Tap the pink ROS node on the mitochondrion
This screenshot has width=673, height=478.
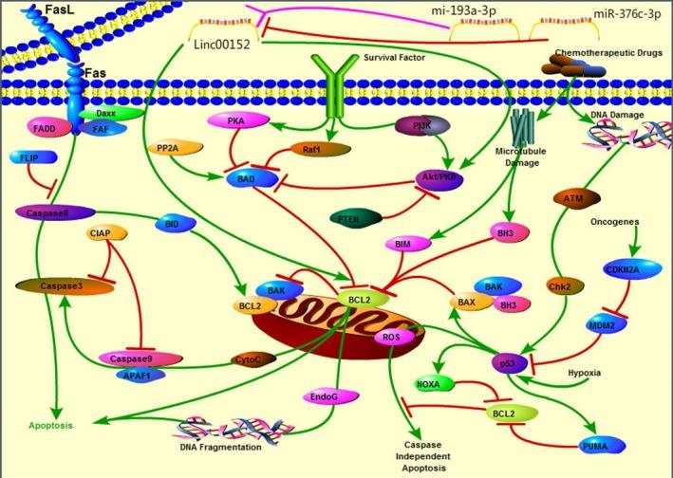tap(390, 337)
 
